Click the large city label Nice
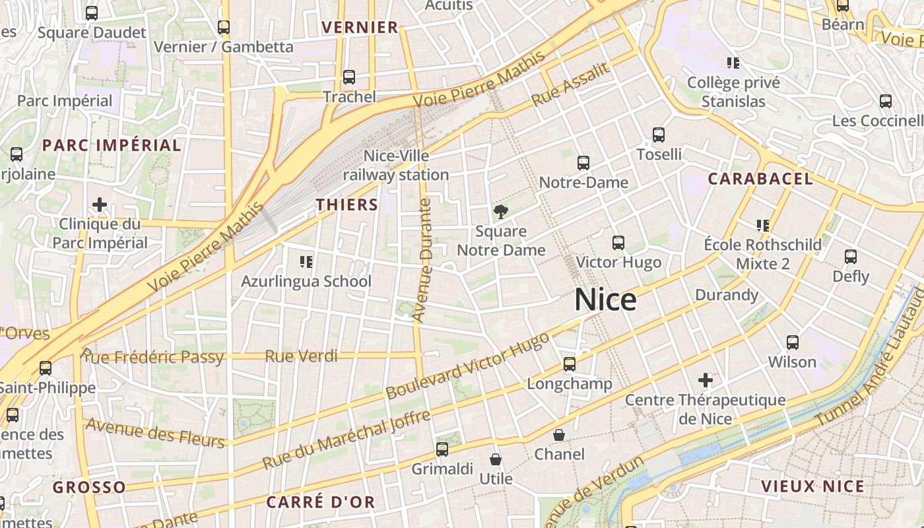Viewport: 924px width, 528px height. pos(605,300)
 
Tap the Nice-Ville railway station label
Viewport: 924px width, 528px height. pos(396,166)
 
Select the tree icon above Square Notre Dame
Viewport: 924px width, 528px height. pos(501,212)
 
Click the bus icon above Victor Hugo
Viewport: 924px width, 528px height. pos(618,243)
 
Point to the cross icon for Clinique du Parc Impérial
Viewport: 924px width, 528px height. pos(100,205)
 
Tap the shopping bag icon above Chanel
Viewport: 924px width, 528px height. pos(559,435)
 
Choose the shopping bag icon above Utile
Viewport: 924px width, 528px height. pos(496,459)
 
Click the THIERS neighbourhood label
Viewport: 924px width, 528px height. pos(347,205)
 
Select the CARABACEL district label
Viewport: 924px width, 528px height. pos(760,179)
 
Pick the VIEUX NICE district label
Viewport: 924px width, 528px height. pos(812,486)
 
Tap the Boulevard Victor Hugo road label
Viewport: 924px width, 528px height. pos(467,366)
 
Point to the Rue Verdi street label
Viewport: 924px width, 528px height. pos(301,356)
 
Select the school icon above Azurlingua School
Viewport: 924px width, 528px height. pos(306,262)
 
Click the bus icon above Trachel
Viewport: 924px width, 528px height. pos(349,77)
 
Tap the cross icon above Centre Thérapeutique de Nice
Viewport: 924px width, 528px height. pos(706,380)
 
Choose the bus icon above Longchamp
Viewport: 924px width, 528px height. pos(570,364)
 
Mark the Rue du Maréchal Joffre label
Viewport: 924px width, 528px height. pos(346,439)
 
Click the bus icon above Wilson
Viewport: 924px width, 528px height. pos(793,343)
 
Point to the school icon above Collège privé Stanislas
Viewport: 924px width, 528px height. pos(733,63)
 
